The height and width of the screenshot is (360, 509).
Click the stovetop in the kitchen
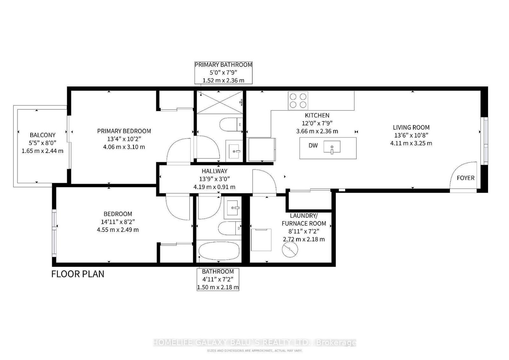[298, 100]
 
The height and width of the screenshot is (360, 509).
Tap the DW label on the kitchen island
[313, 145]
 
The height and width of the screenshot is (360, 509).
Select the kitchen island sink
[332, 147]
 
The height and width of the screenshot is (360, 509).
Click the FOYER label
[466, 178]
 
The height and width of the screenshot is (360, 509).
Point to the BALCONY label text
[43, 135]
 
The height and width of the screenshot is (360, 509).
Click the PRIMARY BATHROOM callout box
[223, 73]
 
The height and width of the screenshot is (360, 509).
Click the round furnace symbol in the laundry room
[290, 249]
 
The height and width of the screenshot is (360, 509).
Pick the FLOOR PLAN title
[78, 274]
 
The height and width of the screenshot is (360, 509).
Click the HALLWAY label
[214, 171]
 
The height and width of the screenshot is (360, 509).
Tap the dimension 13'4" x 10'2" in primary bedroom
[124, 139]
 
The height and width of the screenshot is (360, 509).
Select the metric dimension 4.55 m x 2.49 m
[118, 230]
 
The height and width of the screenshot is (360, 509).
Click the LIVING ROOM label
[411, 128]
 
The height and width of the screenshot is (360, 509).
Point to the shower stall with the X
[220, 102]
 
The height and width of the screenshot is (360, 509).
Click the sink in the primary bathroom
[234, 151]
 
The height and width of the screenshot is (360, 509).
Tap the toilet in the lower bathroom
[230, 228]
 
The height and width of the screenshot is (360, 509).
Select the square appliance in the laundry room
[261, 240]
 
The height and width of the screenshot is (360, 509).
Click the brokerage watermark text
[254, 343]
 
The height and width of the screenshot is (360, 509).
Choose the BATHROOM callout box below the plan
[218, 279]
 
